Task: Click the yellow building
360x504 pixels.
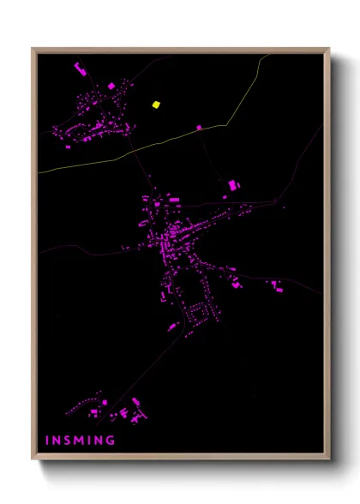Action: click(x=156, y=105)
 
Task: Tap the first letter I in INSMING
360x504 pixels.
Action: click(x=47, y=441)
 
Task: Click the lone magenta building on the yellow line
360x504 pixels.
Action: click(x=199, y=127)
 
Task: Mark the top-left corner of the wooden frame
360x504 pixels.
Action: click(x=33, y=49)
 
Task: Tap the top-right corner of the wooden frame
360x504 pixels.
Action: click(x=328, y=49)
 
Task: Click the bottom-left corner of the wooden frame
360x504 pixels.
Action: click(x=33, y=460)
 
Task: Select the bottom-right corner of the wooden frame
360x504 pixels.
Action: click(x=328, y=460)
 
